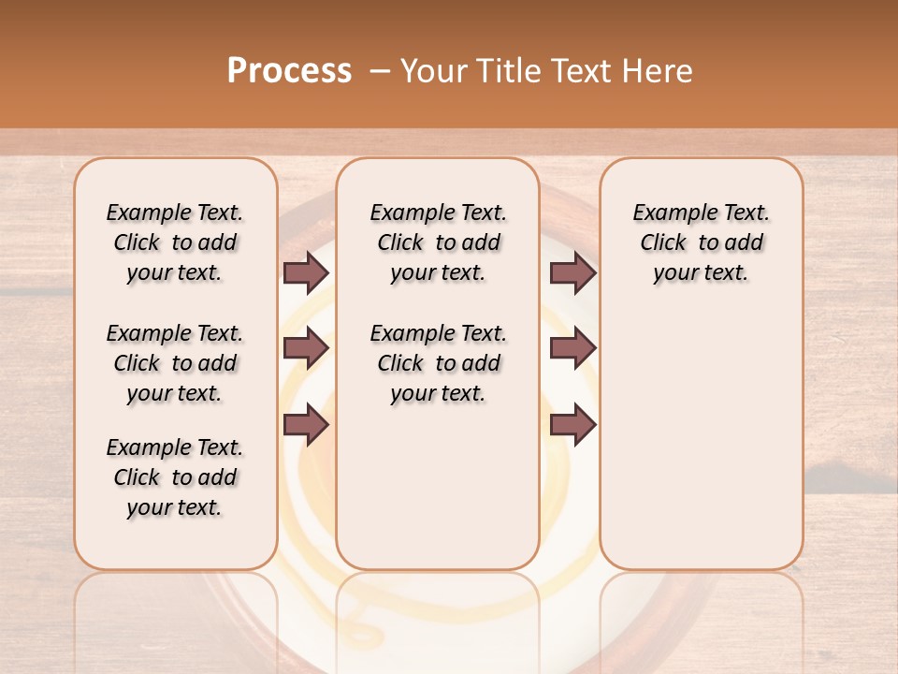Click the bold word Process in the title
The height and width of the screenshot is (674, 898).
pyautogui.click(x=289, y=71)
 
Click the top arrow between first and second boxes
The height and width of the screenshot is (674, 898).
pyautogui.click(x=306, y=272)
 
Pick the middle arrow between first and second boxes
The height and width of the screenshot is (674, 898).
pyautogui.click(x=306, y=349)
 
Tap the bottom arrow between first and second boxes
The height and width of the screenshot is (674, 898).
pyautogui.click(x=306, y=425)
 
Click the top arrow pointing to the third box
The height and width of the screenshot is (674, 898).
pyautogui.click(x=572, y=272)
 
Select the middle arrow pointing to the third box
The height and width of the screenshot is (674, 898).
pyautogui.click(x=572, y=349)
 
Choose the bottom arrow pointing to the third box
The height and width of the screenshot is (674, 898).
pyautogui.click(x=572, y=425)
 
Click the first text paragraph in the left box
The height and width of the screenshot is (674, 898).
pyautogui.click(x=175, y=242)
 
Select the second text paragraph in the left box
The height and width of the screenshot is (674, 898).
pyautogui.click(x=175, y=363)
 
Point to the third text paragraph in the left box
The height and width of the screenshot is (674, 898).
pyautogui.click(x=175, y=477)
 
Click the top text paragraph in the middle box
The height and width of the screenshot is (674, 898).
pyautogui.click(x=438, y=242)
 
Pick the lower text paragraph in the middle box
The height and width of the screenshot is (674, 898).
pyautogui.click(x=438, y=363)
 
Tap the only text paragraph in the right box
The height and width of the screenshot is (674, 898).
pyautogui.click(x=701, y=242)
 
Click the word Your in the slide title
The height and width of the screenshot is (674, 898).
pyautogui.click(x=430, y=71)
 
